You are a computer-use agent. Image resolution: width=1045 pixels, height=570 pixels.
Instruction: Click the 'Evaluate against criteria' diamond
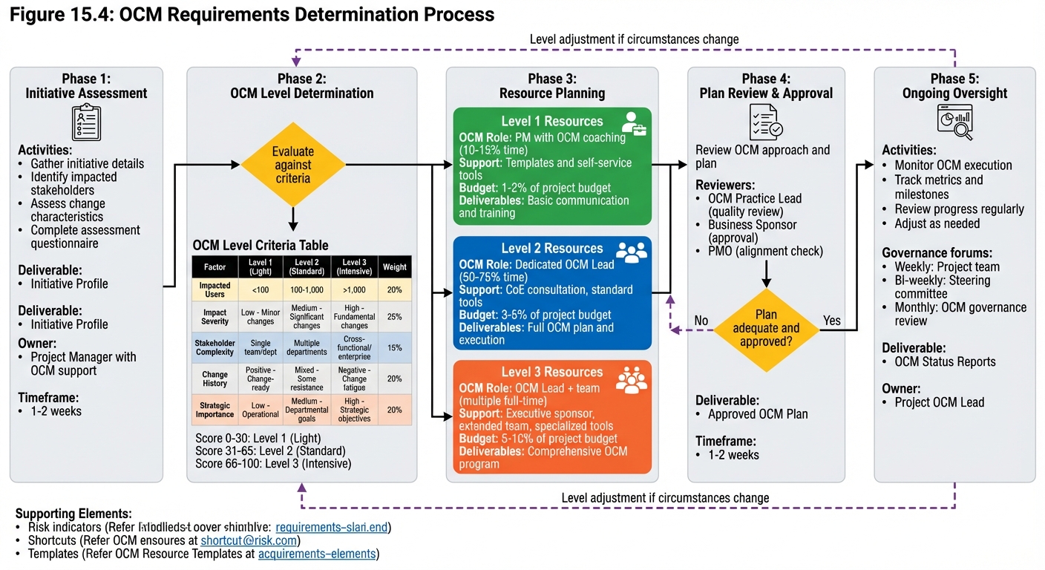click(x=292, y=165)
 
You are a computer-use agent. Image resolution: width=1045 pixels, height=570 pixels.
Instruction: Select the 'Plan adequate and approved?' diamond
click(x=766, y=328)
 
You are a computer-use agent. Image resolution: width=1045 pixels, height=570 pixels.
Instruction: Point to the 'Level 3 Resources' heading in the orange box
click(x=552, y=372)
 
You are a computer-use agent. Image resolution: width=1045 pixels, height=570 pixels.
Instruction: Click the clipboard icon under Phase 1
click(x=86, y=122)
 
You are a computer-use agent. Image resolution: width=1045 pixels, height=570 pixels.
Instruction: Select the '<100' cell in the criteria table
click(x=260, y=289)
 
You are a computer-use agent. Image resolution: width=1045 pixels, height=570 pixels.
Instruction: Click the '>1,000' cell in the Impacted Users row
click(x=354, y=289)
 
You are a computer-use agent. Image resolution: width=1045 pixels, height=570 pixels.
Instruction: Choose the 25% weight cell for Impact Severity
click(x=394, y=317)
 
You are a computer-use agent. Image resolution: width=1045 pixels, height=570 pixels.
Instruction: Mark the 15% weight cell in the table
click(x=394, y=347)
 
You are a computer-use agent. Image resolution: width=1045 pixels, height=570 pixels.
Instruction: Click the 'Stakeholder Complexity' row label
click(x=214, y=347)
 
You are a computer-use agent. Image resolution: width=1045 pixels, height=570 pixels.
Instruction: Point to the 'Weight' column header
click(x=394, y=267)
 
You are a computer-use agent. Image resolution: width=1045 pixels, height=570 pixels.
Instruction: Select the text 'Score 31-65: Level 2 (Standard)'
click(x=270, y=451)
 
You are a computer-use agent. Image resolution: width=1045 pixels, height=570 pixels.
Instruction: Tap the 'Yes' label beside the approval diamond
click(x=832, y=321)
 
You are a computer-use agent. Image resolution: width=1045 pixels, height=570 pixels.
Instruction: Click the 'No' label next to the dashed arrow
click(x=701, y=321)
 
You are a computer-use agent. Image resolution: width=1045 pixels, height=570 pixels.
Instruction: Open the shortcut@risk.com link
click(x=249, y=540)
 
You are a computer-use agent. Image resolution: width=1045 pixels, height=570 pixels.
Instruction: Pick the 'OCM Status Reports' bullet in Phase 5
click(x=945, y=361)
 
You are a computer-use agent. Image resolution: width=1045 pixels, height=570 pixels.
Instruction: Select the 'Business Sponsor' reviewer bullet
click(x=752, y=225)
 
